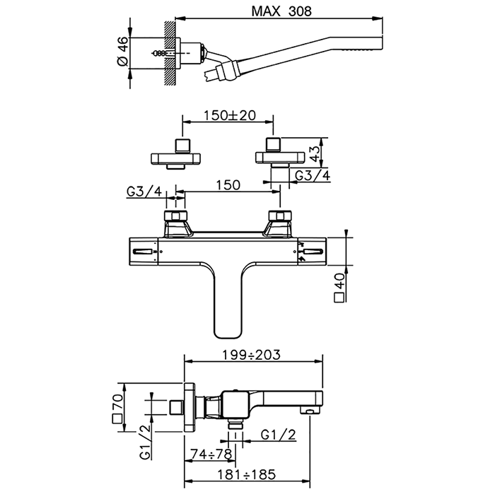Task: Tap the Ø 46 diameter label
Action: coord(122,52)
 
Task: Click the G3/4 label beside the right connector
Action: coord(311,175)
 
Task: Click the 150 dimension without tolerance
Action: coord(227,184)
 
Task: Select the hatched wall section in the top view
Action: coord(170,52)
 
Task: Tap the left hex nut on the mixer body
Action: coord(173,217)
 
